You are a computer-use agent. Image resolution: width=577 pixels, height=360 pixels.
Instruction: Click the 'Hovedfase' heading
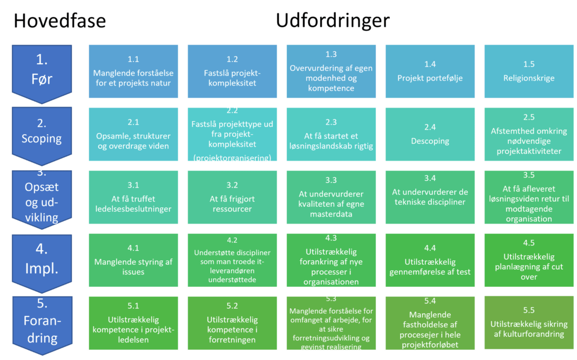coord(59,21)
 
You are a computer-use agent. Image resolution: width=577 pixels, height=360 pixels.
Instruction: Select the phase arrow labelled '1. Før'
coord(42,72)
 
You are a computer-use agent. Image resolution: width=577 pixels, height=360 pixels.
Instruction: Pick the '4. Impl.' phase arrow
coord(42,259)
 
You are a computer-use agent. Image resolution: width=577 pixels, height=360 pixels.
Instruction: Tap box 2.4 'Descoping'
coord(430,135)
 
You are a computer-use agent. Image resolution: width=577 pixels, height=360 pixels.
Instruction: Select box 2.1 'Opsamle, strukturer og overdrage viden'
coord(133,135)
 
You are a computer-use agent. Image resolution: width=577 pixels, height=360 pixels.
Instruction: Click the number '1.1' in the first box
coord(133,59)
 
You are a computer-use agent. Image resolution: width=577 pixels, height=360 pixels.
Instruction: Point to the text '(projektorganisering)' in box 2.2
coord(232,158)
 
